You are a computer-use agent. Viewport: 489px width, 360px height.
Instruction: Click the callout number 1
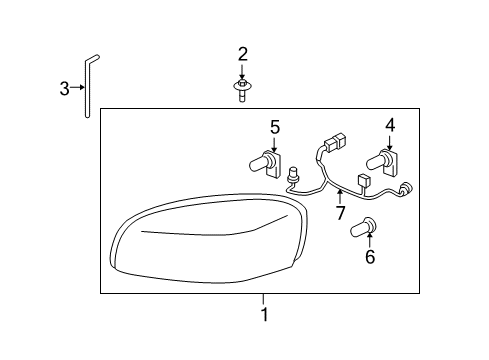pyautogui.click(x=264, y=314)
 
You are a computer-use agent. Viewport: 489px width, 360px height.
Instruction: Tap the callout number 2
pyautogui.click(x=242, y=53)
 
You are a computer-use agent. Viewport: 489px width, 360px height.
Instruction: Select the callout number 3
pyautogui.click(x=65, y=89)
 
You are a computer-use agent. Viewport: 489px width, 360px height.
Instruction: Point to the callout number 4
pyautogui.click(x=390, y=125)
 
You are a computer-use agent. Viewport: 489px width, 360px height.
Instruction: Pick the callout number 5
pyautogui.click(x=275, y=127)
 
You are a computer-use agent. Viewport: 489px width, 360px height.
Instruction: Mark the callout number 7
pyautogui.click(x=340, y=213)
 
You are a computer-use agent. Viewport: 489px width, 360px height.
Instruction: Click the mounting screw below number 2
pyautogui.click(x=242, y=91)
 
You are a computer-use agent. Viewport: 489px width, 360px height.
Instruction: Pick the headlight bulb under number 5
pyautogui.click(x=268, y=162)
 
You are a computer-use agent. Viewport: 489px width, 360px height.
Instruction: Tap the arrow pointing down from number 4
pyautogui.click(x=390, y=142)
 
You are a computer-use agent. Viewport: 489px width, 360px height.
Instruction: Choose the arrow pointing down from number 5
pyautogui.click(x=275, y=144)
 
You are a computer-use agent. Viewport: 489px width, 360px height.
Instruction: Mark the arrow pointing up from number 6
pyautogui.click(x=369, y=241)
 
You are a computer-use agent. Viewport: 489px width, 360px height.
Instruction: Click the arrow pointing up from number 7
pyautogui.click(x=340, y=197)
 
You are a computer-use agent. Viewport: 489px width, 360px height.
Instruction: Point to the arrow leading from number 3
pyautogui.click(x=78, y=89)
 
